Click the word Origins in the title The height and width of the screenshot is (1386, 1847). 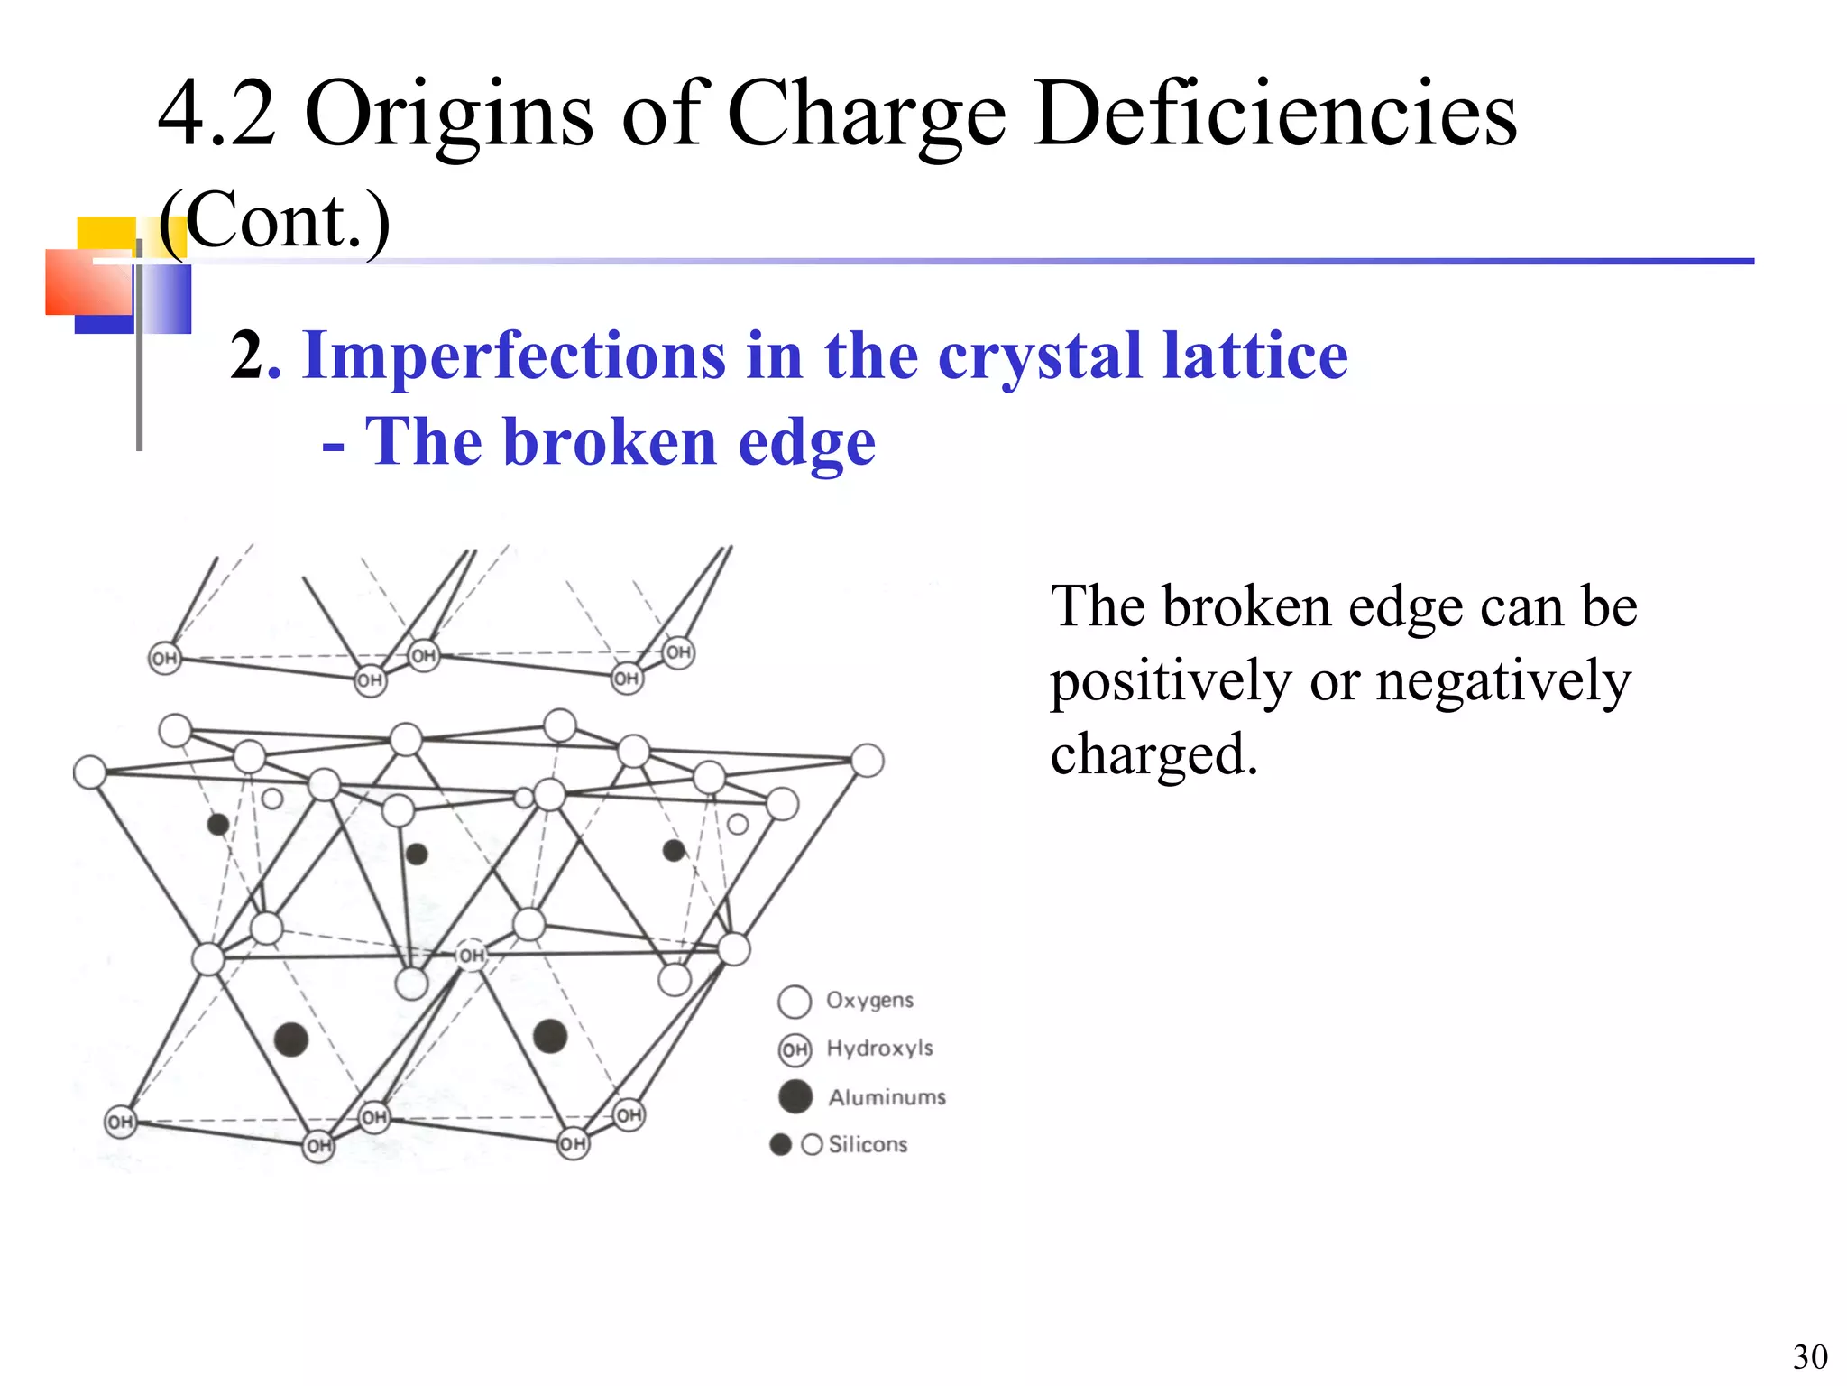coord(449,115)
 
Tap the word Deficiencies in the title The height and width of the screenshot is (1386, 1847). coord(1275,114)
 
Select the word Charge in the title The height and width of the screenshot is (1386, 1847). coord(867,115)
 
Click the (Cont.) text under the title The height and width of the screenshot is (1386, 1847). coord(274,220)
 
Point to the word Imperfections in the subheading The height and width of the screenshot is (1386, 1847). coord(514,356)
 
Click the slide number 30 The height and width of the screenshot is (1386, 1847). coord(1809,1357)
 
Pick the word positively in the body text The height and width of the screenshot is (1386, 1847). coord(1170,681)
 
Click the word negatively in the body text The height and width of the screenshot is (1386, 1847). coord(1502,681)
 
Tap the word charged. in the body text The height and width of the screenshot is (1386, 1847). coord(1153,754)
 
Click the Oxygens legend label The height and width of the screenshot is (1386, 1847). coord(869,1000)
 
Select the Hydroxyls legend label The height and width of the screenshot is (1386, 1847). coord(879,1048)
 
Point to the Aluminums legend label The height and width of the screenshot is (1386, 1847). coord(887,1097)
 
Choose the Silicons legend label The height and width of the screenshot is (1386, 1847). coord(868,1144)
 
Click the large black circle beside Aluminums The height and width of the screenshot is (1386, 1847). coord(795,1096)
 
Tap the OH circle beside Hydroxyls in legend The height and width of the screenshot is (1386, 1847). coord(795,1049)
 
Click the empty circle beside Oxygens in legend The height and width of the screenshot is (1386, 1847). coord(795,1001)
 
